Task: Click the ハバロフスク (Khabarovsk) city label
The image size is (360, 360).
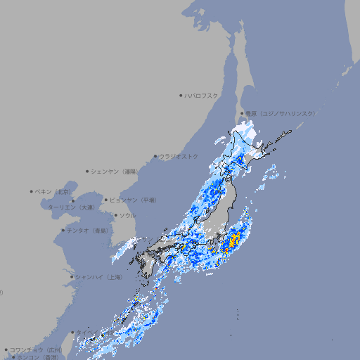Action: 202,95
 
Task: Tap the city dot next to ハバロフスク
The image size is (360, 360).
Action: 181,95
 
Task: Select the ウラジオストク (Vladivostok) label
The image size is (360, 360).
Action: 179,156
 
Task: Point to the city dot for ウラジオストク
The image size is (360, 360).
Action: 155,156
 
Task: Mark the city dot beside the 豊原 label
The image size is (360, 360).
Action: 242,113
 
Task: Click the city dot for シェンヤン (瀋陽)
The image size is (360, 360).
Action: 87,171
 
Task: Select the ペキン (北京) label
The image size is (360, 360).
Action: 53,191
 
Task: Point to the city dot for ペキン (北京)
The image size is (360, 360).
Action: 32,191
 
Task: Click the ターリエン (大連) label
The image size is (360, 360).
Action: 70,207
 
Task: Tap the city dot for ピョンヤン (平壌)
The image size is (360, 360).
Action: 106,200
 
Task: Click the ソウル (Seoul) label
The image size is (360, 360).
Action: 127,215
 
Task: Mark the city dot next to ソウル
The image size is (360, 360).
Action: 115,215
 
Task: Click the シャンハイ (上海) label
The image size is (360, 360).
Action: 98,277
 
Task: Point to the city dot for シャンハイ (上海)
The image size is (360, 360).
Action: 72,277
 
